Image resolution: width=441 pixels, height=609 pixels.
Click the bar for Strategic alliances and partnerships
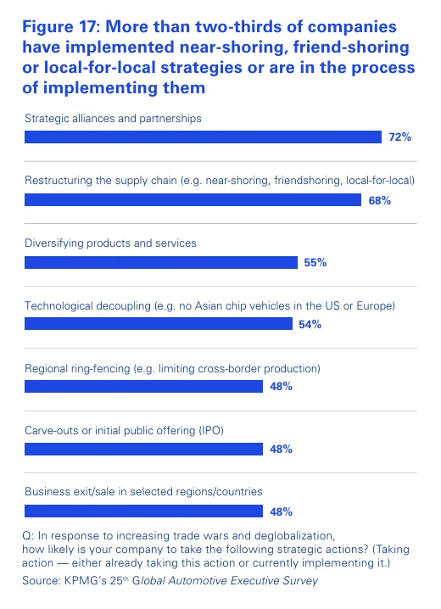click(x=203, y=137)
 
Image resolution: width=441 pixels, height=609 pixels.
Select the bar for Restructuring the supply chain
click(x=193, y=199)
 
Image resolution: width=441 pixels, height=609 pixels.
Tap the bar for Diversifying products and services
click(x=160, y=262)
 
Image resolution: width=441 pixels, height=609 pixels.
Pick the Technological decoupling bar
click(x=158, y=324)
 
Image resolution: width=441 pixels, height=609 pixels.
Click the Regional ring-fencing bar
click(x=143, y=387)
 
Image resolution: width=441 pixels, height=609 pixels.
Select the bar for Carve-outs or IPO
click(x=143, y=449)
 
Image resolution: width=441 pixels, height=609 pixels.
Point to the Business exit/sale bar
click(x=143, y=511)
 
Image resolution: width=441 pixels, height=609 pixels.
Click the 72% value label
click(x=399, y=137)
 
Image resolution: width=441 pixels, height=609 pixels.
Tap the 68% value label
click(x=379, y=200)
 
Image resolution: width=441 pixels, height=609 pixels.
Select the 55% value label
click(x=315, y=263)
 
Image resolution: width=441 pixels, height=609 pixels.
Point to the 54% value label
click(x=310, y=325)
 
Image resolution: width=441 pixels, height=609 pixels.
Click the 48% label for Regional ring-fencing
click(x=281, y=387)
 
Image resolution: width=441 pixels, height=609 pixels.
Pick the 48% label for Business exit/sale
click(x=281, y=511)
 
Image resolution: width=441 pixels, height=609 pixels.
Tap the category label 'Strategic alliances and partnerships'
click(x=112, y=118)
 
